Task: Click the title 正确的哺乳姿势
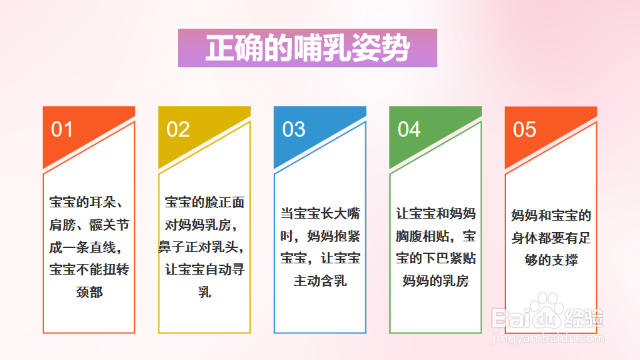307,48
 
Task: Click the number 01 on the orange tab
62,129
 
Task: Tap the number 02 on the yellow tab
178,129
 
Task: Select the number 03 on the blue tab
293,129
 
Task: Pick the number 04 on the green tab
409,129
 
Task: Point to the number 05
524,129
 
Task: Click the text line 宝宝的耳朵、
89,201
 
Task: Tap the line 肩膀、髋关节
89,224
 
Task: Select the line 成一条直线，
89,247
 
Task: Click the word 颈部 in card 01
89,292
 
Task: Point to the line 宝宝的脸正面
205,201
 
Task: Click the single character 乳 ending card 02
205,292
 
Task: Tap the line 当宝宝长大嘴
320,214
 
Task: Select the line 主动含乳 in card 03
320,281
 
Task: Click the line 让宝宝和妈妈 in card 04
436,214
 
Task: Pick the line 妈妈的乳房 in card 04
436,281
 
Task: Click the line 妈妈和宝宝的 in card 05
551,216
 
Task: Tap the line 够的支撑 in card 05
551,260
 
